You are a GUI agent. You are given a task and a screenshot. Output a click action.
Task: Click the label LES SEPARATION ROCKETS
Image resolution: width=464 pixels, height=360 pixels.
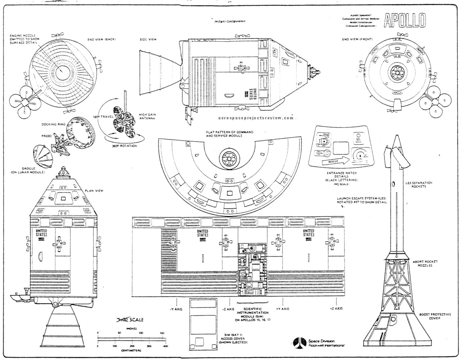[x=416, y=184]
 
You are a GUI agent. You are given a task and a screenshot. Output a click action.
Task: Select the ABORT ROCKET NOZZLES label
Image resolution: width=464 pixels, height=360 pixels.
[x=422, y=263]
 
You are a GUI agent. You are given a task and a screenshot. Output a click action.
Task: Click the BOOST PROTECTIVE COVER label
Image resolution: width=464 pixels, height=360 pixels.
[x=435, y=316]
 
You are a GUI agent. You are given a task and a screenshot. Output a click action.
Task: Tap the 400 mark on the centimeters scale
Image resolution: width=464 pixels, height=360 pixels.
[x=165, y=346]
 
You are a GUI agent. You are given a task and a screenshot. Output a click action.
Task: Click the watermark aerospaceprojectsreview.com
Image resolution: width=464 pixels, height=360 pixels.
[x=254, y=118]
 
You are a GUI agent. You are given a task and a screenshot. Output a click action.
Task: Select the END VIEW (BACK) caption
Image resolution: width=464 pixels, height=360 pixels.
[x=102, y=39]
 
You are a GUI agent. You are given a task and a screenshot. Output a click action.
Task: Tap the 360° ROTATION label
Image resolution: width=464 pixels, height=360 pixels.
[x=123, y=146]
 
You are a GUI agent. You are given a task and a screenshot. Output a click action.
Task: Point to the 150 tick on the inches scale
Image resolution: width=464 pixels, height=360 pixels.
[x=162, y=333]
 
